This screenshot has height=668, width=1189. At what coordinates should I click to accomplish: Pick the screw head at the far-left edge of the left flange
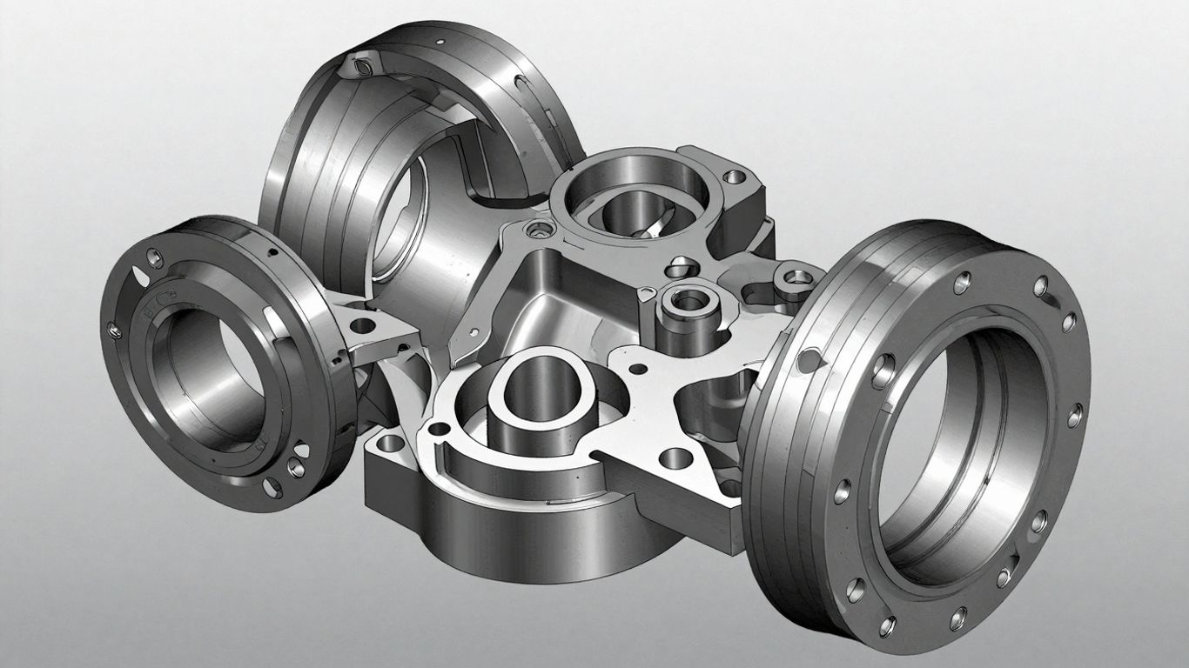coord(111,329)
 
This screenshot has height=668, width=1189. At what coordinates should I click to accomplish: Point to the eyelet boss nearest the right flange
coord(794,277)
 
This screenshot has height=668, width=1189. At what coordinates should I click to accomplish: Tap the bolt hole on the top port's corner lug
coord(736,177)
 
